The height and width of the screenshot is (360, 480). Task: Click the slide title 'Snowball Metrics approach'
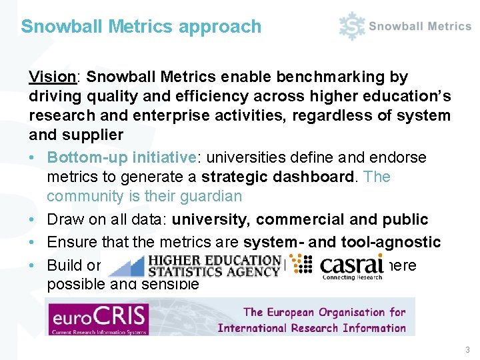pos(141,27)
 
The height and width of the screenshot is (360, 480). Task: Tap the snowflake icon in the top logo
pos(351,27)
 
